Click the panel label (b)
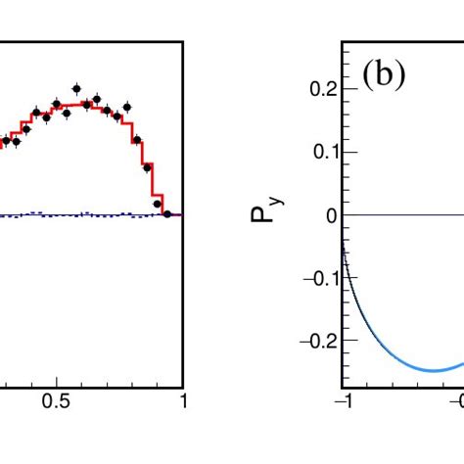pyautogui.click(x=384, y=76)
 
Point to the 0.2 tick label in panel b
pyautogui.click(x=320, y=89)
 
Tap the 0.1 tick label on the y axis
pyautogui.click(x=320, y=152)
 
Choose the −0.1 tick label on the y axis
pyautogui.click(x=315, y=278)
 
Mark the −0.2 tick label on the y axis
pyautogui.click(x=315, y=341)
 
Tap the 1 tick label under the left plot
pyautogui.click(x=182, y=401)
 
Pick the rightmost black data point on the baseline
pyautogui.click(x=167, y=213)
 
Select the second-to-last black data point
pyautogui.click(x=158, y=204)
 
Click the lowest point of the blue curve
pyautogui.click(x=433, y=369)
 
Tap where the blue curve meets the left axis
pyautogui.click(x=344, y=250)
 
